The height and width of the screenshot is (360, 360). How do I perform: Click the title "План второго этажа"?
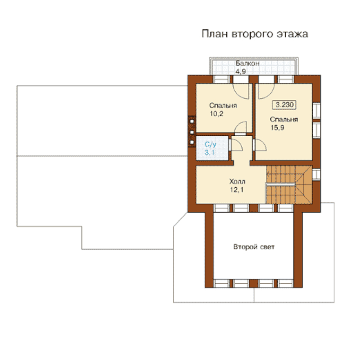pos(255,34)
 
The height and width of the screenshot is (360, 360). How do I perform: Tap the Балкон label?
pos(248,63)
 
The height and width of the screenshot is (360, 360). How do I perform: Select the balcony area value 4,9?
pos(240,72)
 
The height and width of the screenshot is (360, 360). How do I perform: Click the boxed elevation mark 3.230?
pos(285,105)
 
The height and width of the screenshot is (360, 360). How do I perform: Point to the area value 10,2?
pos(216,114)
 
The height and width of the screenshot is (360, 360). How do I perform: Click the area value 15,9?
pos(277,127)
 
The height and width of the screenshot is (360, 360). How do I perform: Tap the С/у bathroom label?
pos(210,144)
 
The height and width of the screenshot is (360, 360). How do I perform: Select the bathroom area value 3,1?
pos(210,152)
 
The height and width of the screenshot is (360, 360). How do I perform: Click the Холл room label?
pos(237,181)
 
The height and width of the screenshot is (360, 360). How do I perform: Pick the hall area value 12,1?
pos(237,189)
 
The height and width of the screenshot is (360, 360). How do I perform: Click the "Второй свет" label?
pos(254,247)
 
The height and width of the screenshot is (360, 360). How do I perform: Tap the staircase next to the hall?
pos(289,185)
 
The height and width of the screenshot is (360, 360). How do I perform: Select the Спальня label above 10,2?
pos(223,105)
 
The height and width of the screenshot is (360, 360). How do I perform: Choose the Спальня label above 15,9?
pos(284,120)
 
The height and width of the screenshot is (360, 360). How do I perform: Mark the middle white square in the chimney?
pos(192,132)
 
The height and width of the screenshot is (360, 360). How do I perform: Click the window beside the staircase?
pos(316,174)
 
